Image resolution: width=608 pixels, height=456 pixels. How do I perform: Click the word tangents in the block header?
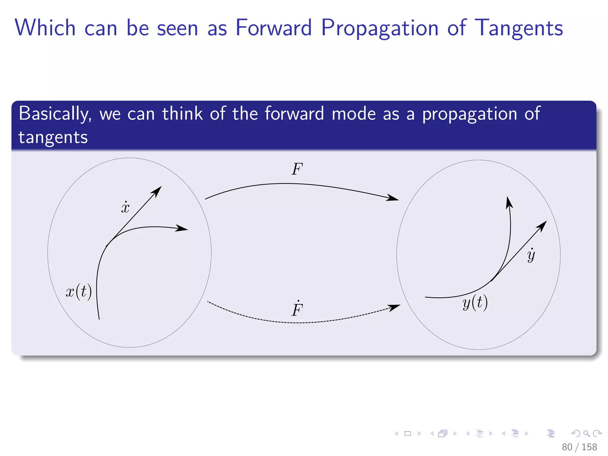53,137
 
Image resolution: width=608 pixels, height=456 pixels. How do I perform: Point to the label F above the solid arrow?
297,169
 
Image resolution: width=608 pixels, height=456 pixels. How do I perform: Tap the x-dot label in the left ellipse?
125,207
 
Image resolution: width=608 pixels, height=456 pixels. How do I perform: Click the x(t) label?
79,292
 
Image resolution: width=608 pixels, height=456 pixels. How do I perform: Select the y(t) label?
475,303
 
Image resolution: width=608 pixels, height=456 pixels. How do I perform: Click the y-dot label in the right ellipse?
531,255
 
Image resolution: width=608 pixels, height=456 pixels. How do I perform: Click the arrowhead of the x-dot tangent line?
157,191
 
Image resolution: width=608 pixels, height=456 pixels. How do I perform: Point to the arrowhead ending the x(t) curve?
182,228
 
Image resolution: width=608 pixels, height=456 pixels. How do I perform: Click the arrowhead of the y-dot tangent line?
542,226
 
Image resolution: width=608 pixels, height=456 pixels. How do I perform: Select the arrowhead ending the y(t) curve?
509,202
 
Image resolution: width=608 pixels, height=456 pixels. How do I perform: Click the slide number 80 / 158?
579,447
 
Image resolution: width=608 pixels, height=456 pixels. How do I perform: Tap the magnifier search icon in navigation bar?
586,433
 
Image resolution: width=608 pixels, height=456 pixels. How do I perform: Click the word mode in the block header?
354,114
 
